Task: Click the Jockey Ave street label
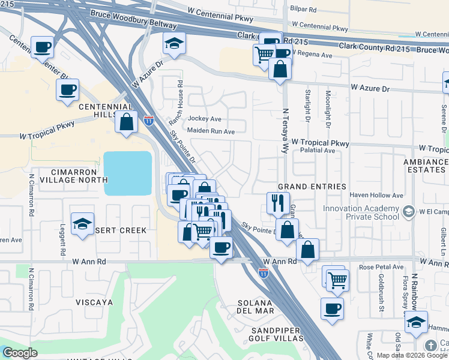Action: click(205, 119)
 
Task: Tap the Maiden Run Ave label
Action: click(211, 131)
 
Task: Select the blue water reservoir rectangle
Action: click(127, 173)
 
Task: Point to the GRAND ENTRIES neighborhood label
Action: click(312, 187)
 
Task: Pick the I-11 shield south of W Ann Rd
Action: click(263, 272)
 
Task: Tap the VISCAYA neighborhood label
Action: click(94, 302)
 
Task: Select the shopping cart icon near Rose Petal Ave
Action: click(337, 279)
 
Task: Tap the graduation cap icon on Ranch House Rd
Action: click(174, 43)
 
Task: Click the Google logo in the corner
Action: click(20, 353)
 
